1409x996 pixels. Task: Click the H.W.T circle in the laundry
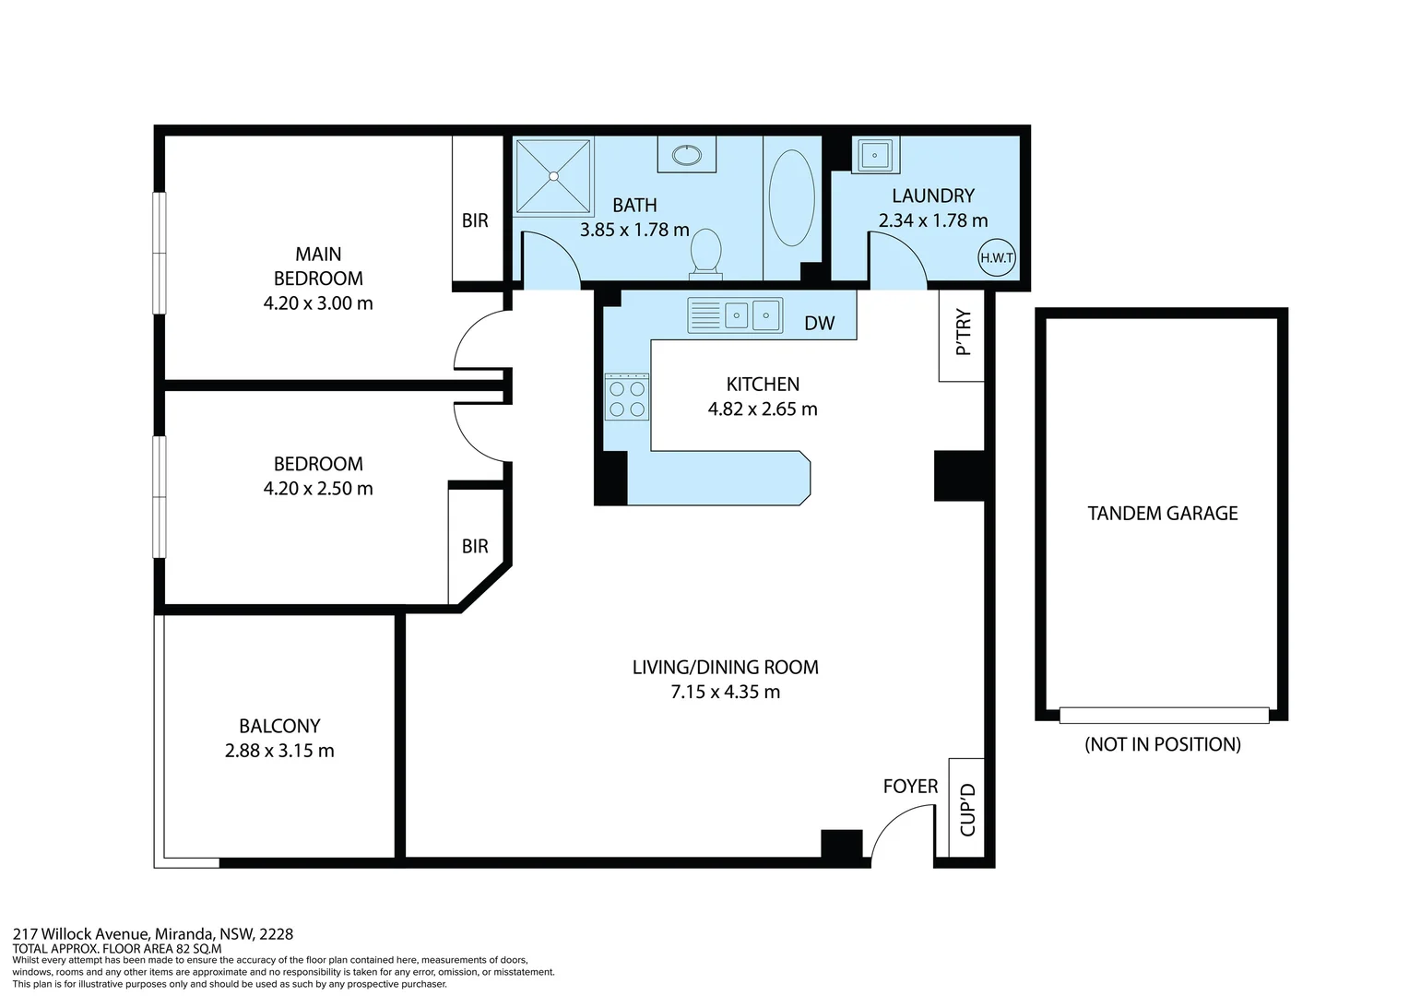[x=997, y=258]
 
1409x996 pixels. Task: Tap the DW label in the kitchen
[x=819, y=323]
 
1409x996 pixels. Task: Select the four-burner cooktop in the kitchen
[x=627, y=397]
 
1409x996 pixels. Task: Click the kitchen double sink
[x=751, y=315]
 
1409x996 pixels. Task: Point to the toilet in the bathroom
[x=706, y=252]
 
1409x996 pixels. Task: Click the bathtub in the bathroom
[x=791, y=198]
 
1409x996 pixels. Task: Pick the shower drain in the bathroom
[x=554, y=175]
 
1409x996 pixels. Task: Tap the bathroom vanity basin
[x=686, y=155]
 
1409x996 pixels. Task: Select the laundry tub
[x=873, y=154]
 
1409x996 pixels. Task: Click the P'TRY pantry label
[x=963, y=334]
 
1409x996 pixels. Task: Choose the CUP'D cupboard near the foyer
[x=967, y=809]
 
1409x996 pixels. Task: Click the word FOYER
[x=910, y=786]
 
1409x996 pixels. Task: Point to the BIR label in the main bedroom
[x=475, y=220]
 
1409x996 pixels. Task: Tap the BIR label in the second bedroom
[x=475, y=546]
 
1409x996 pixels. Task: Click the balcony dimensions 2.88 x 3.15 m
[x=279, y=751]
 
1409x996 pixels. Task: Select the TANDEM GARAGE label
[x=1162, y=513]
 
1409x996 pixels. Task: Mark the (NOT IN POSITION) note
[x=1162, y=744]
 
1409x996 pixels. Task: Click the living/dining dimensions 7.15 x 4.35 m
[x=725, y=692]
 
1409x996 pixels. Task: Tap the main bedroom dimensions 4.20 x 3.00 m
[x=318, y=302]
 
